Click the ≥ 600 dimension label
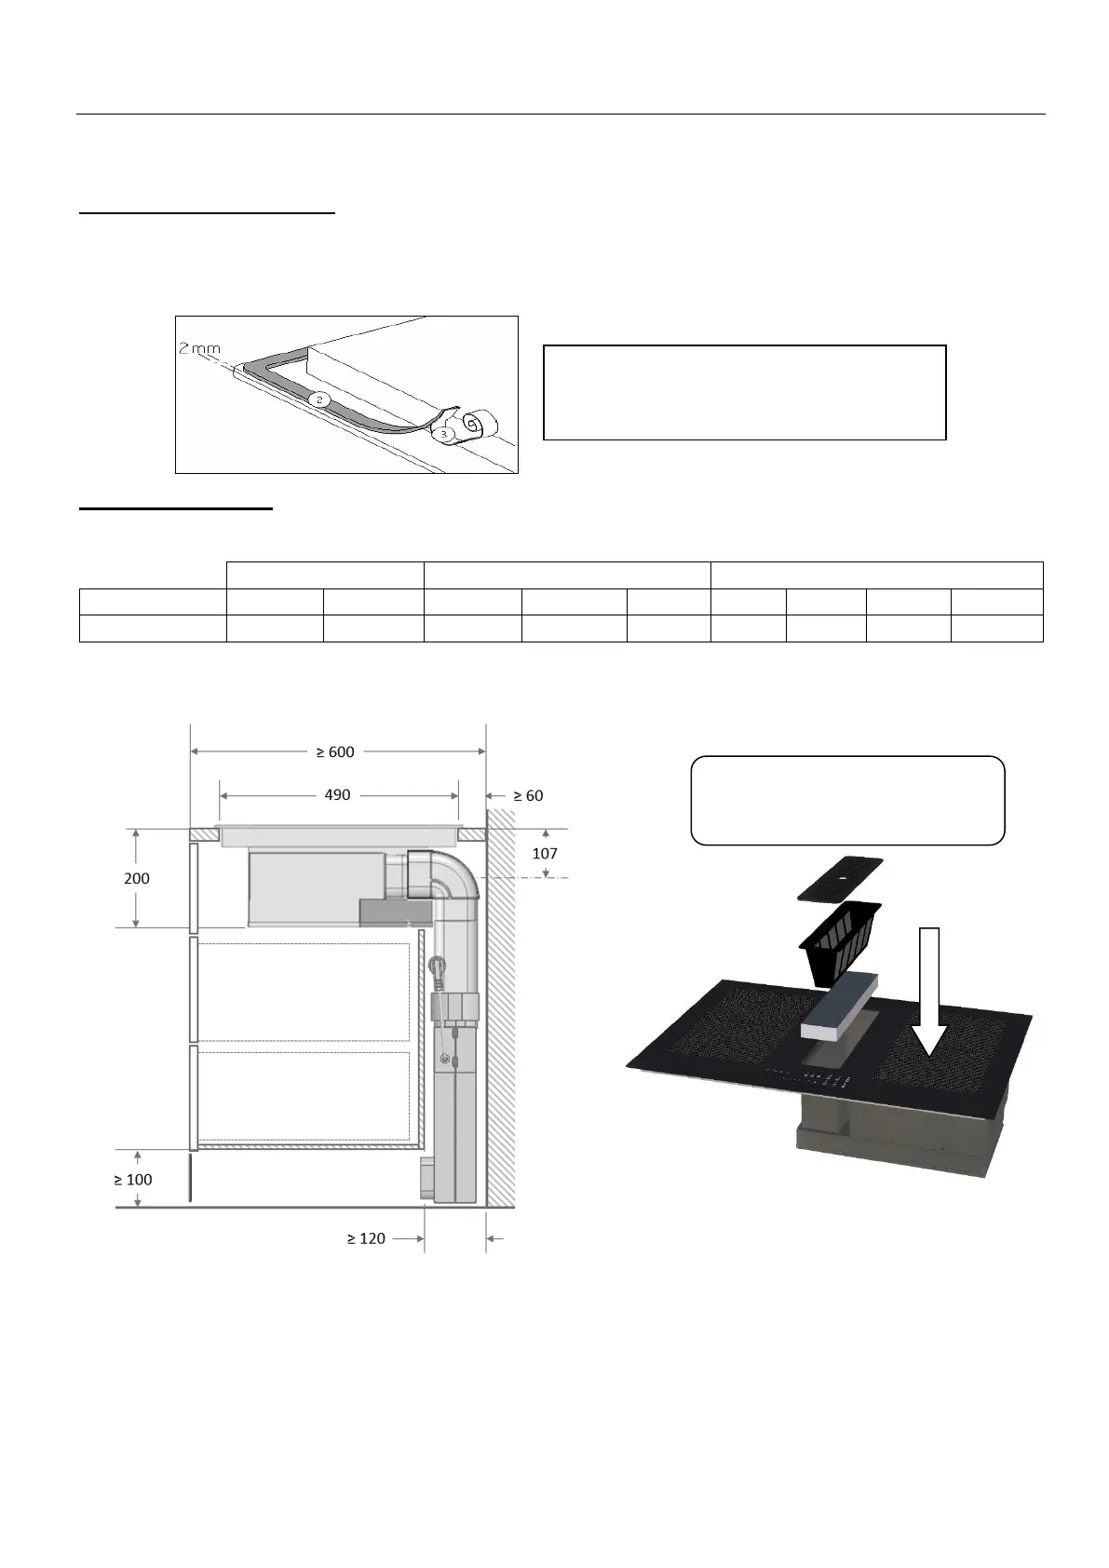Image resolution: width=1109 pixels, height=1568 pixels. (x=335, y=751)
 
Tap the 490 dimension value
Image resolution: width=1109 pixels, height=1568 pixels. (x=337, y=795)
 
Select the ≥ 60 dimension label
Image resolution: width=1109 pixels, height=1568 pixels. (x=528, y=796)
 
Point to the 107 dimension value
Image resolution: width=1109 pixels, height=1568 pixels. (x=545, y=853)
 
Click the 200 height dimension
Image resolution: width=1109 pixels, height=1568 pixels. (x=137, y=878)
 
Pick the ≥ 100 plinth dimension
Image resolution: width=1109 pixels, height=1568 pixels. (x=133, y=1180)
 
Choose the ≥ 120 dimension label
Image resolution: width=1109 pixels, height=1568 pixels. (x=366, y=1238)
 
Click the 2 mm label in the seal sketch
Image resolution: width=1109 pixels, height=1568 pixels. (x=199, y=348)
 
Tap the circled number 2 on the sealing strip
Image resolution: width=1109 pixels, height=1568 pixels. (x=319, y=399)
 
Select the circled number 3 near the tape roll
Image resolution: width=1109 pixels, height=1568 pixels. (x=443, y=434)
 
